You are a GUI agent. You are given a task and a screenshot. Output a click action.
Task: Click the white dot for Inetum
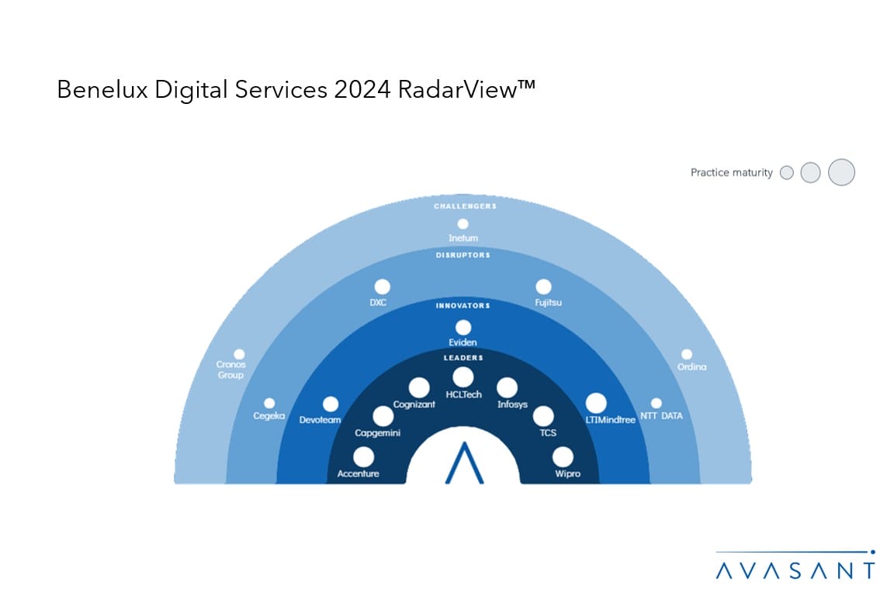463,224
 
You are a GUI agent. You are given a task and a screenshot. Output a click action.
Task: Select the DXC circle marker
382,287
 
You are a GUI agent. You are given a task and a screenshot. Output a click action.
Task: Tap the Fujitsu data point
543,287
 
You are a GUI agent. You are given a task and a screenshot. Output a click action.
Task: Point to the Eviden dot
463,327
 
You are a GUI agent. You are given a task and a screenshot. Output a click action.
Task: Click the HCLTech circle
463,377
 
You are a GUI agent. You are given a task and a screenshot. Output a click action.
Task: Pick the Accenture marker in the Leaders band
363,457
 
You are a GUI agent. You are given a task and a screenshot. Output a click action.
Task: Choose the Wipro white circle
563,457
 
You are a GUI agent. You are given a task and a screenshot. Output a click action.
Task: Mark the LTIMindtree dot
596,404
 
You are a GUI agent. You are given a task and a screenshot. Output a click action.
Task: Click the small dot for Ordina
687,354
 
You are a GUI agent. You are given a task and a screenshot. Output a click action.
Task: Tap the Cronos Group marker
240,354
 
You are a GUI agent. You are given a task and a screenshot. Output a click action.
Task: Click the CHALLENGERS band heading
466,206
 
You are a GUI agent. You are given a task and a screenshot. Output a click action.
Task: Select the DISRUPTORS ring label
463,255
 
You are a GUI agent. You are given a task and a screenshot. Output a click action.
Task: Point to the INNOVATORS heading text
463,306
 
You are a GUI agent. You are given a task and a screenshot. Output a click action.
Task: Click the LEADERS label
463,358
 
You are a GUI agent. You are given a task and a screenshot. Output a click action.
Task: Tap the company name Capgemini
377,433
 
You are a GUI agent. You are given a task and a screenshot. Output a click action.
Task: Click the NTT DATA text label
661,416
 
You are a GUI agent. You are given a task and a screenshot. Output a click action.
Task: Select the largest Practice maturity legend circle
841,172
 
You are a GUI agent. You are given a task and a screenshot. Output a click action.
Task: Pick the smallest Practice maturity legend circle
787,172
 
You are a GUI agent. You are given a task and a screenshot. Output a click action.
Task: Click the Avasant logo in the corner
795,566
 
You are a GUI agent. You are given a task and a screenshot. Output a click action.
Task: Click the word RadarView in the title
466,89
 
